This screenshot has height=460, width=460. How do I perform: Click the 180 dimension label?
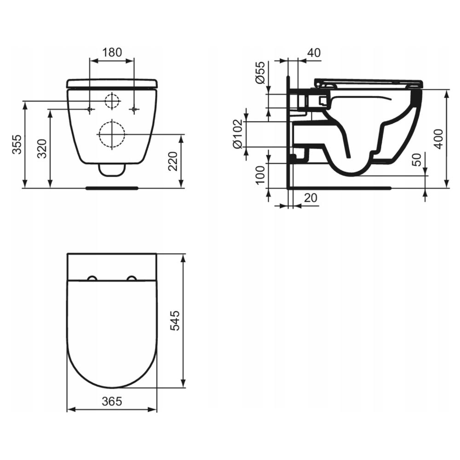(x=112, y=52)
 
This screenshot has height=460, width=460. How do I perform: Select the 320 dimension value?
(x=42, y=149)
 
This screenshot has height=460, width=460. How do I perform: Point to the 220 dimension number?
(x=173, y=161)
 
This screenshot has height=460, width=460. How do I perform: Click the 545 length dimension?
(x=175, y=321)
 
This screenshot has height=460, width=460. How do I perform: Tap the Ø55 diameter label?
(x=260, y=72)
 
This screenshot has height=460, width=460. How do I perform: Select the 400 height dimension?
(x=438, y=139)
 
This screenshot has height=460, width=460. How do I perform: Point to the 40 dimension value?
(x=314, y=52)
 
